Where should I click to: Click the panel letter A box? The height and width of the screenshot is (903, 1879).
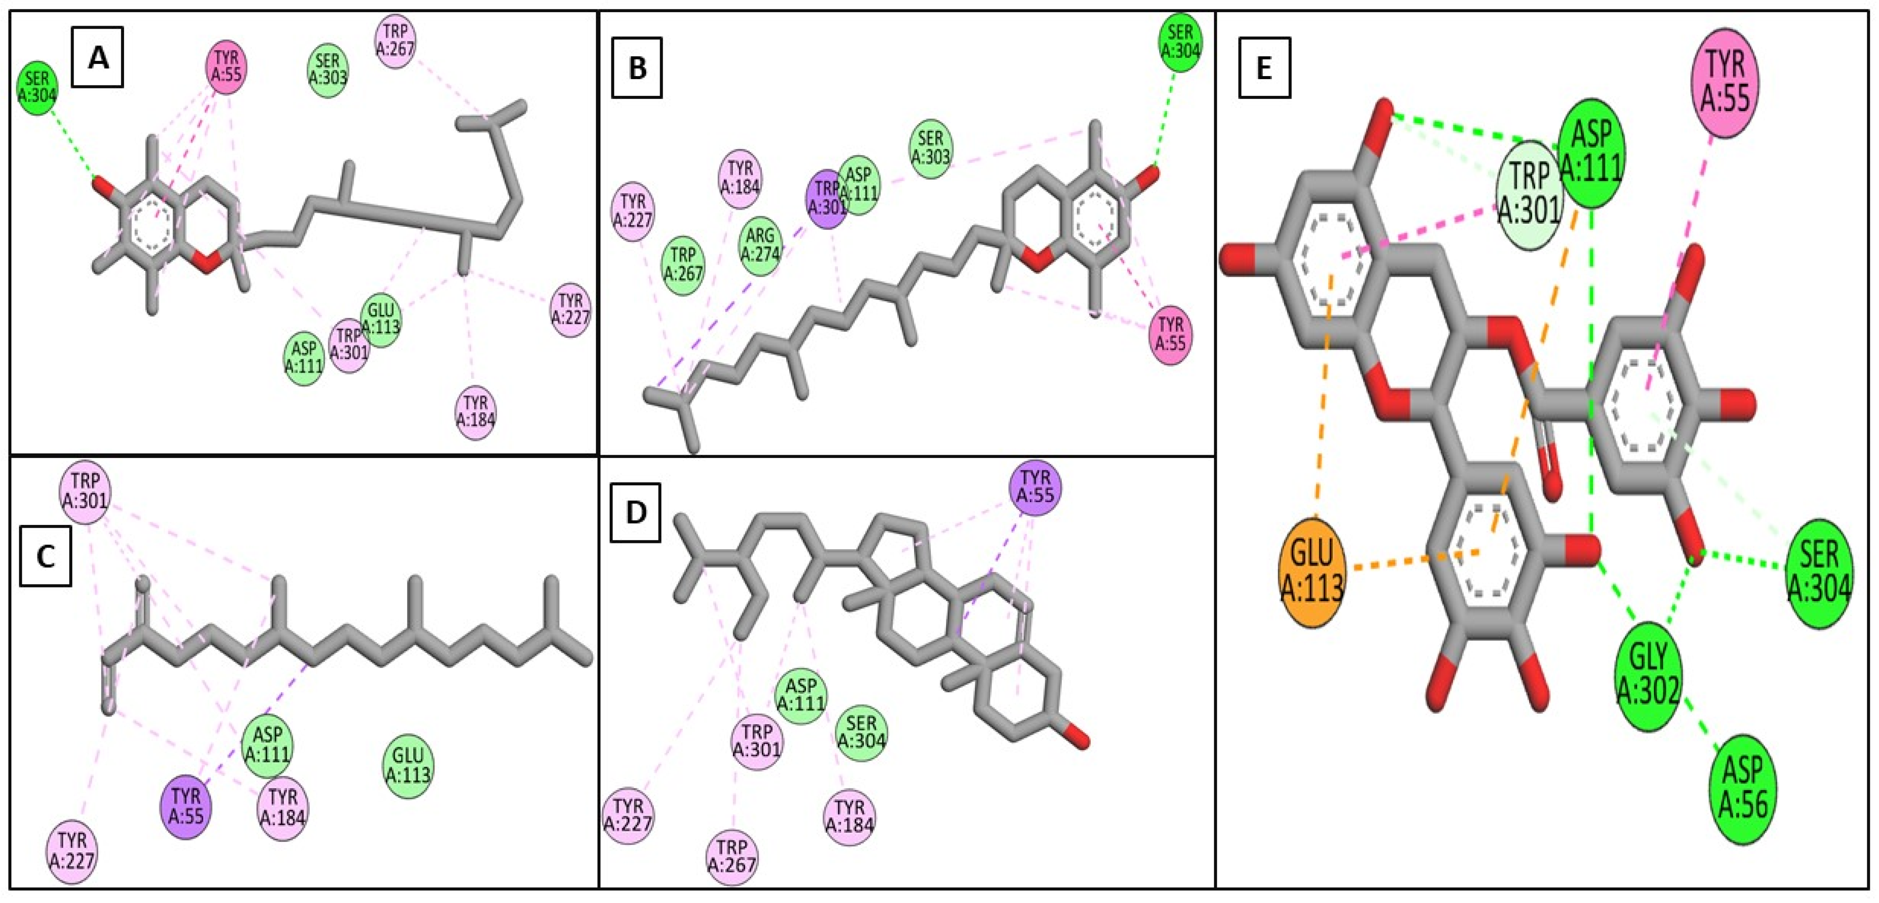tap(97, 57)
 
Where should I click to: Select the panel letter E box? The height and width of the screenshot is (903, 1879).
tap(1264, 68)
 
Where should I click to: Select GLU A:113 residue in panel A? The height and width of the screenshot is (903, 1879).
tap(381, 320)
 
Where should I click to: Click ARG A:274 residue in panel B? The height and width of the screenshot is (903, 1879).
tap(760, 249)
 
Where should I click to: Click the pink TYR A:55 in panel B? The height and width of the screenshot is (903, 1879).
tap(1171, 335)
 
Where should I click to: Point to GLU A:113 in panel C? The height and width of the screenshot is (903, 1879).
tap(408, 765)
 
